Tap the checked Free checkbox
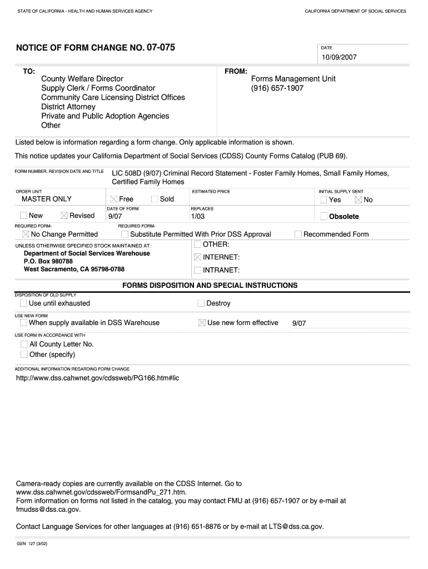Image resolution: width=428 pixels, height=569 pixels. tap(113, 199)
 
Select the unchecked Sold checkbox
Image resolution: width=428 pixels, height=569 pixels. tap(155, 199)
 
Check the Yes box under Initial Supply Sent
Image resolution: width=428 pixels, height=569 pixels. tap(324, 200)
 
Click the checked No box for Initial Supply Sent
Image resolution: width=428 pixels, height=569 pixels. tap(358, 200)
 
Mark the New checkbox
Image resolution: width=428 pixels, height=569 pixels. tap(23, 216)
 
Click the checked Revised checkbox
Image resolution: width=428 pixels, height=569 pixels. tap(64, 216)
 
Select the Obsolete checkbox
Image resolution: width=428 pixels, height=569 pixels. tap(324, 216)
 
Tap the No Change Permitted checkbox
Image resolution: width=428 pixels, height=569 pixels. tap(26, 234)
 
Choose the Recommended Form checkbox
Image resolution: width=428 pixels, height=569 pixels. tap(298, 234)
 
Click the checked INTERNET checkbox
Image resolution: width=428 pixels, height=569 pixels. tap(197, 257)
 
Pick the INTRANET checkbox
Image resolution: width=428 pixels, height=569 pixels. tap(197, 271)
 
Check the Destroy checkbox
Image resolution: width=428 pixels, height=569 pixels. tap(201, 303)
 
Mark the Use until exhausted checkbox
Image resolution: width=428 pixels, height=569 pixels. tap(23, 303)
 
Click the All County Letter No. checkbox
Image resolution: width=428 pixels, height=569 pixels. tap(24, 345)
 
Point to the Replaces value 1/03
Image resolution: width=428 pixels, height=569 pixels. tap(198, 216)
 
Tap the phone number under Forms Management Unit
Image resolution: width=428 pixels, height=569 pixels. tap(277, 88)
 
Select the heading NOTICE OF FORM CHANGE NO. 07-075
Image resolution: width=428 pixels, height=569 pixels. tap(95, 48)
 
